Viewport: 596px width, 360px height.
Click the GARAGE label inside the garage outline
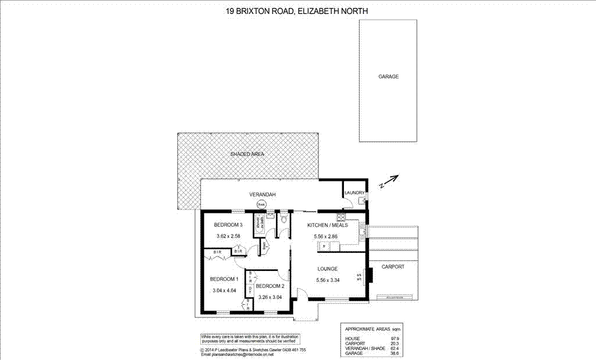click(388, 77)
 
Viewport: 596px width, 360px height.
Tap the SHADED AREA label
click(247, 154)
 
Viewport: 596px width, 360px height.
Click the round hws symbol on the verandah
click(262, 205)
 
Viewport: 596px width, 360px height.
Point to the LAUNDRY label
click(354, 193)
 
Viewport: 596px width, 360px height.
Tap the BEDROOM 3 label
click(228, 225)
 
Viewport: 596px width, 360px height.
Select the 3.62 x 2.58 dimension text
click(228, 236)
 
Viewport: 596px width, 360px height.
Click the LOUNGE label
click(328, 269)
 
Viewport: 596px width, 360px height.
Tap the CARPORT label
click(393, 267)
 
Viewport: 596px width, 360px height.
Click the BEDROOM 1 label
click(224, 279)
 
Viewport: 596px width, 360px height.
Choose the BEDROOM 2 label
click(269, 286)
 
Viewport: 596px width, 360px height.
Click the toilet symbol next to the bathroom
click(283, 219)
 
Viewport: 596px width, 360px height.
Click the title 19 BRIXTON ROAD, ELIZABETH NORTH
click(297, 10)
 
